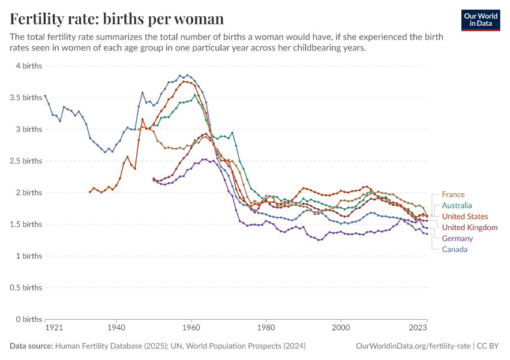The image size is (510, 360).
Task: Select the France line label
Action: [453, 194]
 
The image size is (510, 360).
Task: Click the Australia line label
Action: [457, 205]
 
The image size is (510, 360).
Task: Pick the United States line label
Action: [464, 216]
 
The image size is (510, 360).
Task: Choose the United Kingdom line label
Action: [469, 227]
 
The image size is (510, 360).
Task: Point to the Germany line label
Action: [457, 238]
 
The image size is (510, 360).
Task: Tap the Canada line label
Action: [454, 249]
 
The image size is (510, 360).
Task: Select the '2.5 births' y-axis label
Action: [25, 161]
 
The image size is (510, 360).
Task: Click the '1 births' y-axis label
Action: [28, 256]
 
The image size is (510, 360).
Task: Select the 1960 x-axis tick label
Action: [191, 328]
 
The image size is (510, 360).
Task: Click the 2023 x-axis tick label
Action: [418, 328]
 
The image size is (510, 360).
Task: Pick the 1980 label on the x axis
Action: [266, 328]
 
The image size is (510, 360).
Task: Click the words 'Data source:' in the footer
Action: [31, 346]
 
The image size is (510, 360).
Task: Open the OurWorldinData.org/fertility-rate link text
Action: [413, 346]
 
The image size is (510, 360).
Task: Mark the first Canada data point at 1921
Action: [45, 96]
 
